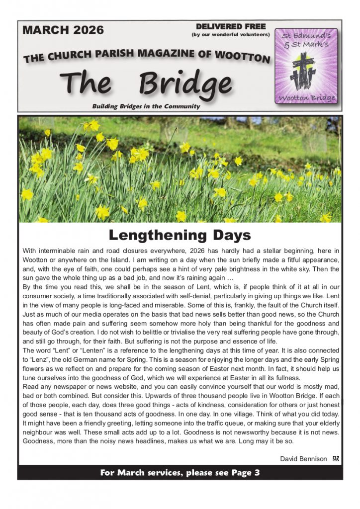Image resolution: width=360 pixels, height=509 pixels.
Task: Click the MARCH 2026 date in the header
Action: pyautogui.click(x=63, y=30)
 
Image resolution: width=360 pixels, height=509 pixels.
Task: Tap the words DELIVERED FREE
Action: pyautogui.click(x=231, y=26)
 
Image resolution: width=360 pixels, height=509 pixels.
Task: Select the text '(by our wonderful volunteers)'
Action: pyautogui.click(x=231, y=34)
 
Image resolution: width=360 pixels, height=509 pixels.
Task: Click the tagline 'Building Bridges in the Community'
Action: pyautogui.click(x=146, y=106)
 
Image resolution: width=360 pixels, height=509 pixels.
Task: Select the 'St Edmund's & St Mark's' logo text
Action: pyautogui.click(x=306, y=40)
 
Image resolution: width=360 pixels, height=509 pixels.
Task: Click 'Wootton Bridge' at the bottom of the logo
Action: pyautogui.click(x=306, y=97)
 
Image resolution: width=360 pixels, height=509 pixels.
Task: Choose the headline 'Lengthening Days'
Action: pyautogui.click(x=180, y=234)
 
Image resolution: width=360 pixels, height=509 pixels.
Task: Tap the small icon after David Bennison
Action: pyautogui.click(x=336, y=458)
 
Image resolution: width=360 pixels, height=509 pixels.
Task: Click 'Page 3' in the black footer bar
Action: pyautogui.click(x=244, y=473)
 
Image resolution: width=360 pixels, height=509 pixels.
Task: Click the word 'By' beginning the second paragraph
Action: pyautogui.click(x=27, y=287)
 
